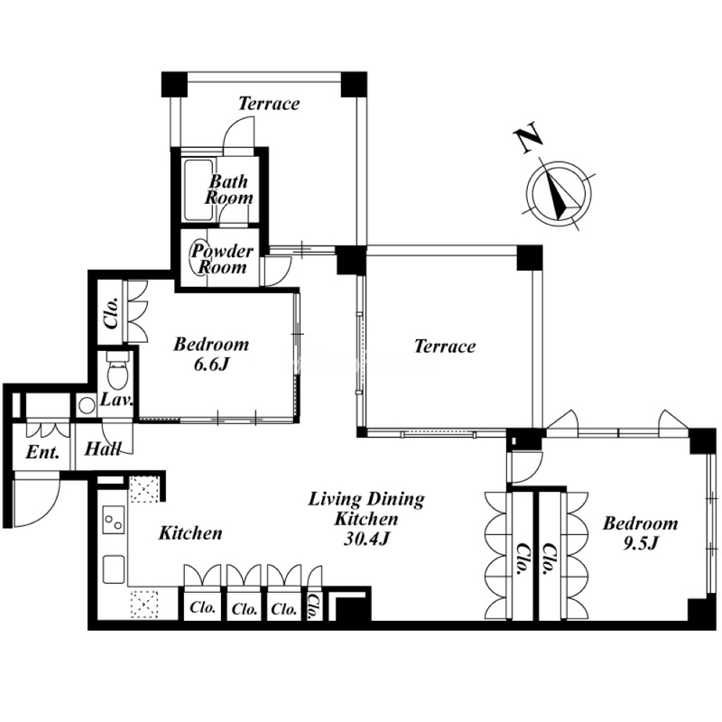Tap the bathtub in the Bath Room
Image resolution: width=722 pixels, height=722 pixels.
coord(199,190)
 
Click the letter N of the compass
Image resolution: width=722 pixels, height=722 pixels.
coord(528,137)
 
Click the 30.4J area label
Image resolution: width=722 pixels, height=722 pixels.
coord(366,539)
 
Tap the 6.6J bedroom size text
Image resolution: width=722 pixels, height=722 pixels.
coord(211,365)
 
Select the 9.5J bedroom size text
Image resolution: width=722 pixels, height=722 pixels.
coord(640,544)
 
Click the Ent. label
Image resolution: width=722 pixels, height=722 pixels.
coord(42,453)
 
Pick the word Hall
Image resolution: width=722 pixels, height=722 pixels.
coord(103,449)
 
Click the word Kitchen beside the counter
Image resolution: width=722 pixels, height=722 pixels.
coord(190,533)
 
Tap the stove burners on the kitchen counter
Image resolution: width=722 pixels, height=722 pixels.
coord(114,520)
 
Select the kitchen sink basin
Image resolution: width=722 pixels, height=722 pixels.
coord(114,569)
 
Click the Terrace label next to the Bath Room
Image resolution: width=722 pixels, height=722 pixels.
coord(269,103)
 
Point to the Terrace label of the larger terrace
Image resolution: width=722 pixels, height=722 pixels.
coord(445,347)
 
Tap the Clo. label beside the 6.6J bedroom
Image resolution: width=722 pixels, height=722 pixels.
coord(111,312)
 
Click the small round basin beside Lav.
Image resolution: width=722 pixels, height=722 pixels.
coord(86,405)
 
